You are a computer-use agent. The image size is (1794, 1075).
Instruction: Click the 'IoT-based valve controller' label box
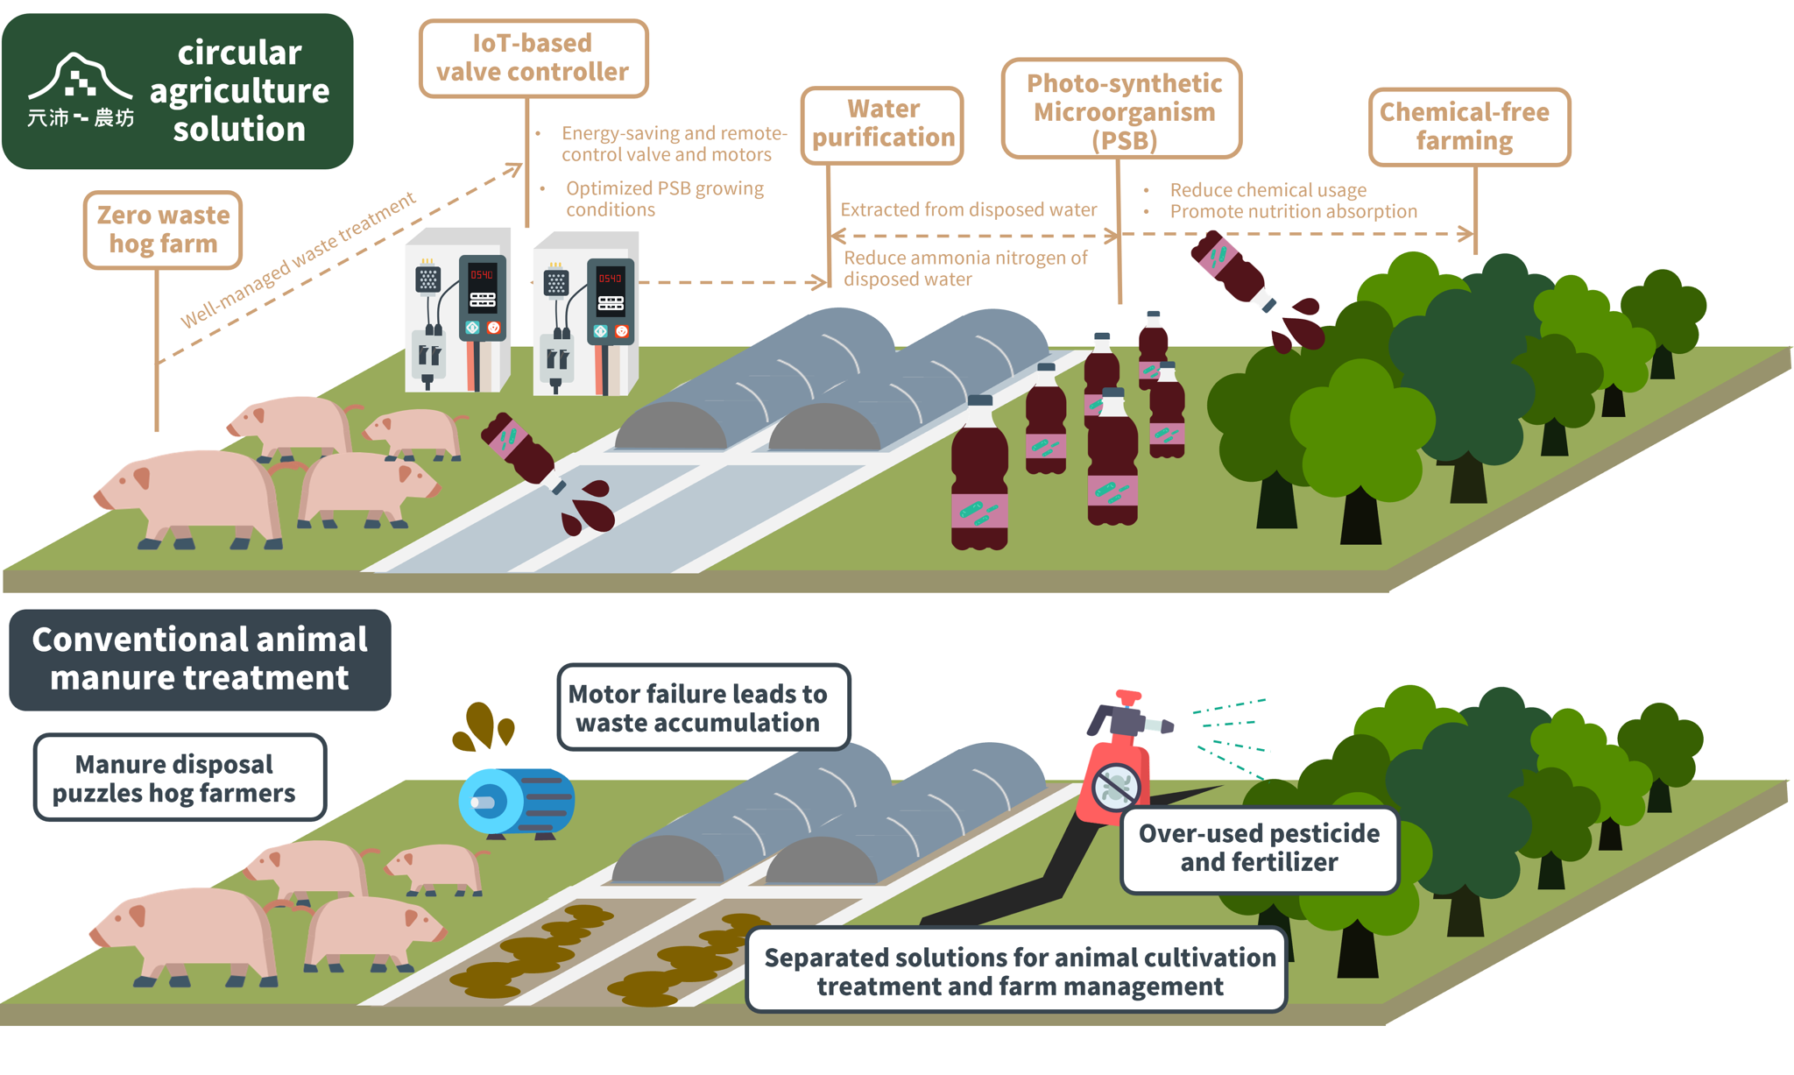[533, 58]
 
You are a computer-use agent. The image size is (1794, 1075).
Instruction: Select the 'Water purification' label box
[882, 124]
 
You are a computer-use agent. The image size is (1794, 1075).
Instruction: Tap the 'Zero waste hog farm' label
[163, 230]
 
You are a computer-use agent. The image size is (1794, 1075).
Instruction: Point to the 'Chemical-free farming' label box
[1468, 126]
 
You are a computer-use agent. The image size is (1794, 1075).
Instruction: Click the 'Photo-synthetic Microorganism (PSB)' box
[1122, 110]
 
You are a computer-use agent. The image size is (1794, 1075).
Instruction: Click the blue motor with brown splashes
[516, 800]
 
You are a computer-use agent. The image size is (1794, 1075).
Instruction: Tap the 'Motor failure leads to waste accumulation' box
[703, 707]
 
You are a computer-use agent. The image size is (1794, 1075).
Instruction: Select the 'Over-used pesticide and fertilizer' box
[1259, 848]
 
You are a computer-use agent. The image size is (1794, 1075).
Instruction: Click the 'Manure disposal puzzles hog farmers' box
[179, 777]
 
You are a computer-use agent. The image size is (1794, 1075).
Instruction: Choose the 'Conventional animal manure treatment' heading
[200, 659]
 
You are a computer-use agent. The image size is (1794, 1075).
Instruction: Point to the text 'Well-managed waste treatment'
[298, 260]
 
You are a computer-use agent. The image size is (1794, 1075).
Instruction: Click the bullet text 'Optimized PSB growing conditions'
[664, 199]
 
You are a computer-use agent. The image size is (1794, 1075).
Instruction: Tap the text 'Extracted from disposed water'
[968, 209]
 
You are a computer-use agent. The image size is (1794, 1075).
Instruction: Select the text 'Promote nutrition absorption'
[1293, 211]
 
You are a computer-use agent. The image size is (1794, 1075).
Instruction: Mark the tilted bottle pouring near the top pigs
[519, 449]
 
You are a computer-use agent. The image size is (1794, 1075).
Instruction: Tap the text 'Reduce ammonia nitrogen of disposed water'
[964, 268]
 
